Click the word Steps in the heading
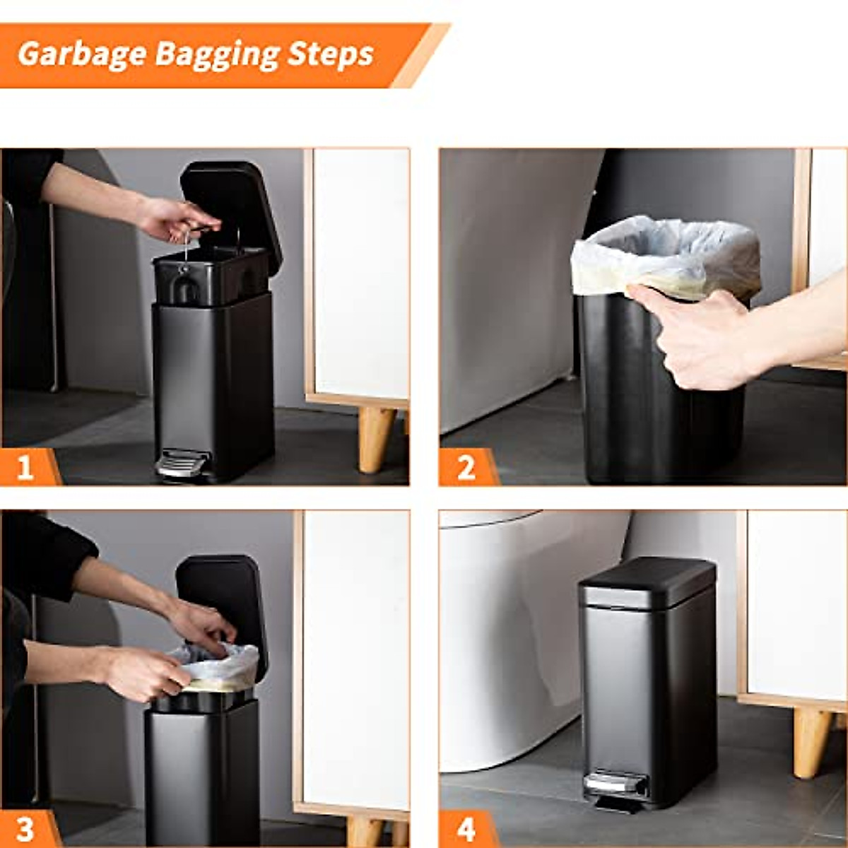(330, 54)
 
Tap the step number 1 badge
(25, 468)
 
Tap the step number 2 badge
(465, 468)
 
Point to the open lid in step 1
(230, 208)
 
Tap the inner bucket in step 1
(205, 276)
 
